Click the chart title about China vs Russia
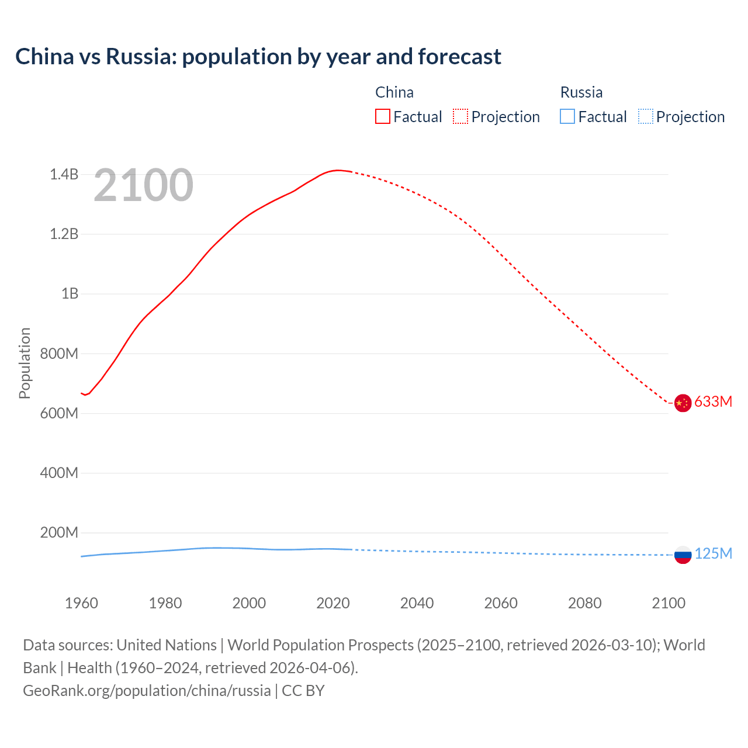[258, 57]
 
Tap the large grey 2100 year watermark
[143, 185]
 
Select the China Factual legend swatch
[382, 117]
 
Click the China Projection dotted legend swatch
[460, 117]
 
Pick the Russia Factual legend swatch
[567, 117]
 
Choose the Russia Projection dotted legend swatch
[645, 117]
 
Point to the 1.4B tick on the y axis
[64, 174]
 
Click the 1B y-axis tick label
[70, 294]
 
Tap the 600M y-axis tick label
[58, 413]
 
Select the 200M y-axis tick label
[58, 533]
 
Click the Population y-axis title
[25, 363]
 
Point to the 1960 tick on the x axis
[81, 603]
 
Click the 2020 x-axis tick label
[333, 603]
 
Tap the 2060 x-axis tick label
[501, 603]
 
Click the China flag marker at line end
[683, 403]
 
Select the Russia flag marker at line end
[683, 555]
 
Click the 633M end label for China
[713, 401]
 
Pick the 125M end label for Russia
[713, 553]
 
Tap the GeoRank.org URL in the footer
[147, 691]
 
